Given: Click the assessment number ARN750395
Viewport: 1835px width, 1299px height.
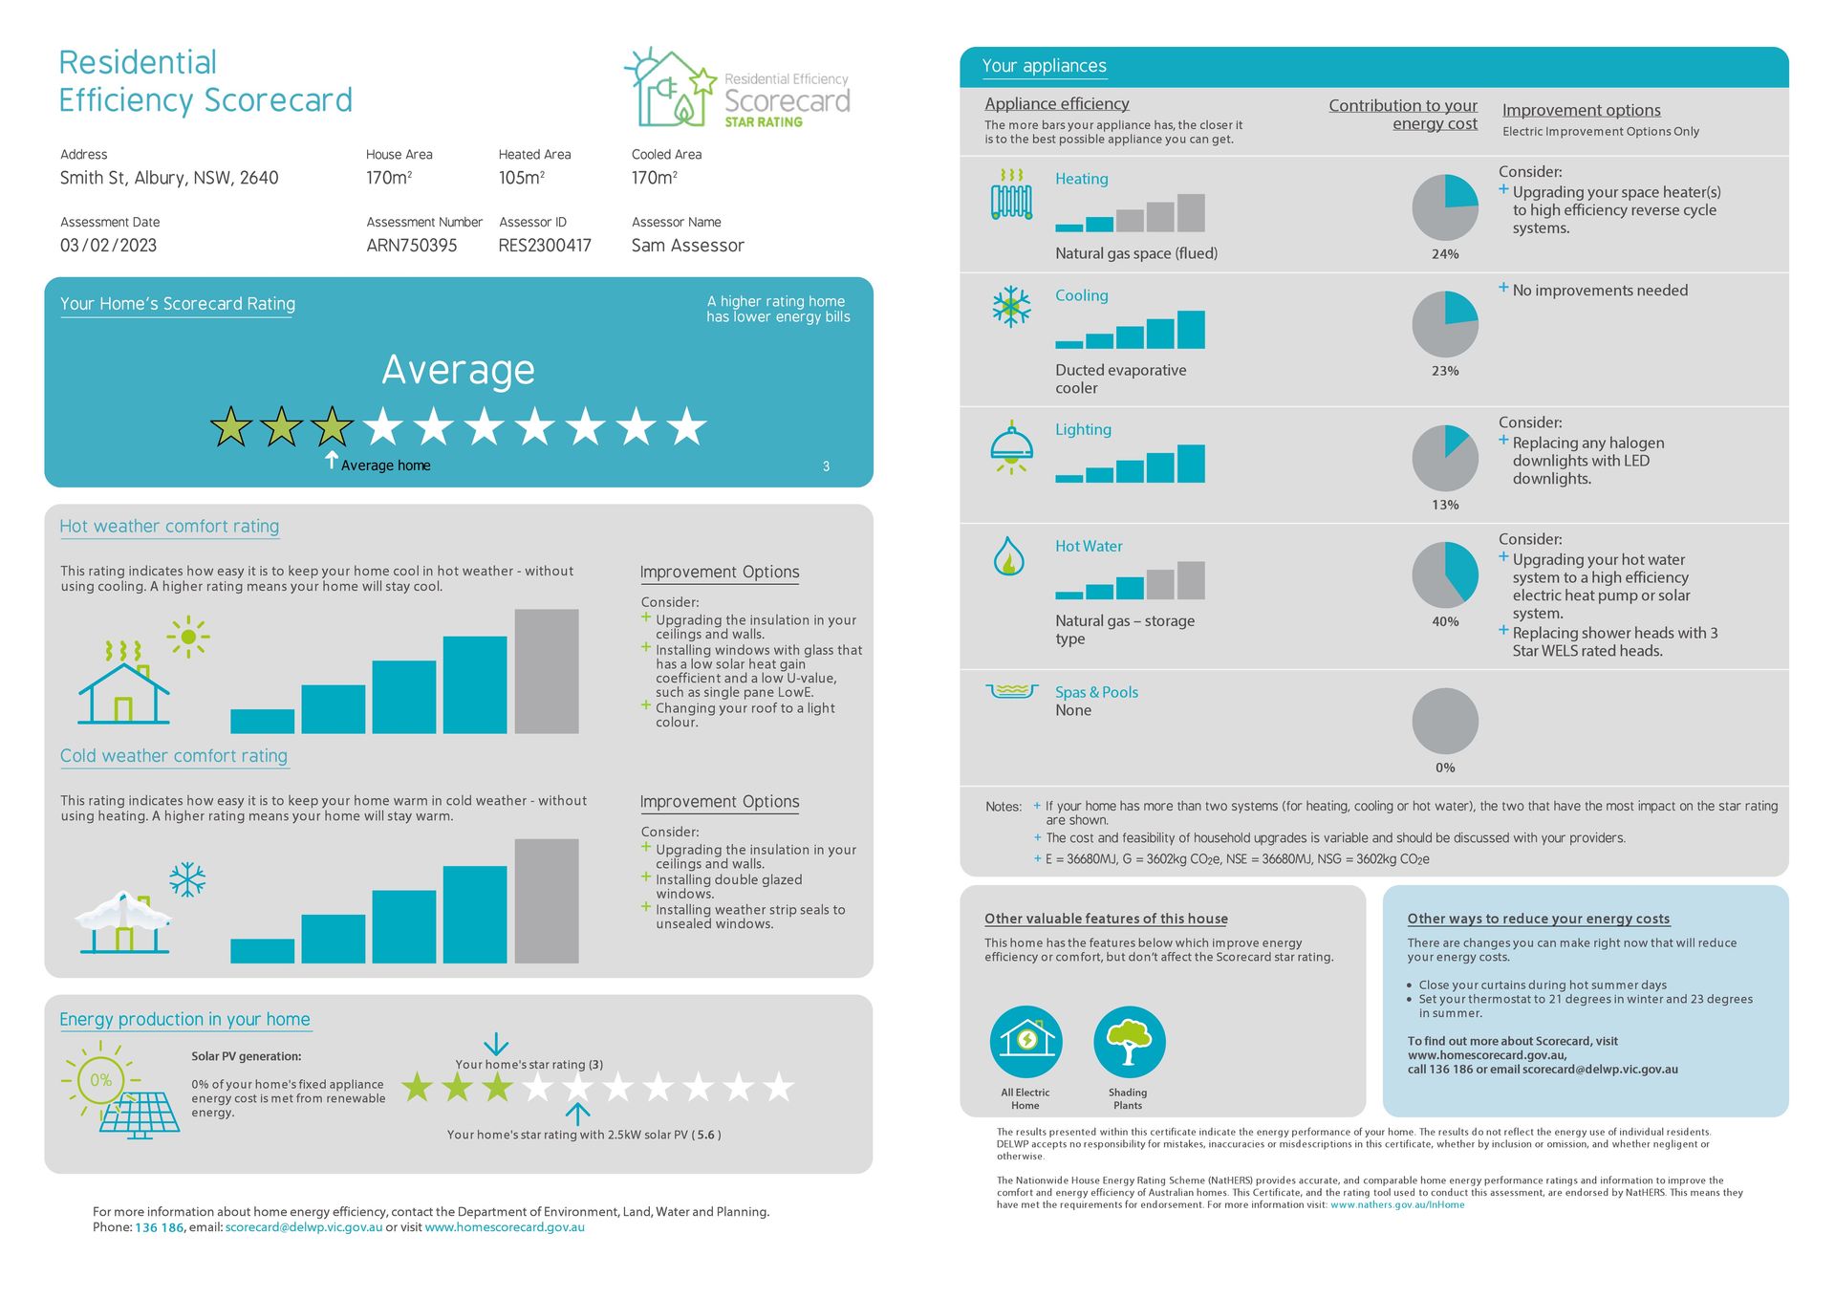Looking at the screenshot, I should [411, 246].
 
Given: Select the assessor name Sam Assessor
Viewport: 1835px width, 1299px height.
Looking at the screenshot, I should [687, 246].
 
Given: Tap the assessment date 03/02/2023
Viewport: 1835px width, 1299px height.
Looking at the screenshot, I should [108, 246].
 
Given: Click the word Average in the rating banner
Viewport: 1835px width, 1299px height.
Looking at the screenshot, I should [458, 370].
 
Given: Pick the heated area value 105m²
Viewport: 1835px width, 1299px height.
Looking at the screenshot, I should [521, 178].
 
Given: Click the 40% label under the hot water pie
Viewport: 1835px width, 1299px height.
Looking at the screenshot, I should [1444, 621].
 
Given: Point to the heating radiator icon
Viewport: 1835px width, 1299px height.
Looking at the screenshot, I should [1011, 196].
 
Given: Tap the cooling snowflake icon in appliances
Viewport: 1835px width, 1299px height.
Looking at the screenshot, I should [1011, 307].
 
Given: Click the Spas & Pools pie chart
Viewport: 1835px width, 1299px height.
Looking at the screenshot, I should [1444, 721].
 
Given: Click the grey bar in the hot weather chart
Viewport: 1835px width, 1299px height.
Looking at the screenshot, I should [547, 671].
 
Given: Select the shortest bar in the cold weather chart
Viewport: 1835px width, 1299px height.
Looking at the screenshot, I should [262, 950].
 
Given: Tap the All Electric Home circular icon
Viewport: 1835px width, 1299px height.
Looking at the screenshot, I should [1025, 1042].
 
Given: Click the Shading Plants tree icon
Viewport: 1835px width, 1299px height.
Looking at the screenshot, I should [1129, 1042].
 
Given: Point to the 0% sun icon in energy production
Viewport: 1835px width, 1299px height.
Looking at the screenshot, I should [101, 1080].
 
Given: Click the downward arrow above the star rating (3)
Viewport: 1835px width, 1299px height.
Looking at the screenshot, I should [496, 1044].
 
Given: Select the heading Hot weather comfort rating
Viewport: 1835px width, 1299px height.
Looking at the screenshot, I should [169, 527].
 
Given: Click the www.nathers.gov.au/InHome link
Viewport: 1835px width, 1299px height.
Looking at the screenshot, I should [1396, 1205].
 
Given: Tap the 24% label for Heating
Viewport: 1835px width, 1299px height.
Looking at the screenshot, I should [1444, 254].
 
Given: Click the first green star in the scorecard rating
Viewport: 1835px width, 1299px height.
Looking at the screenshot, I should [231, 427].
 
